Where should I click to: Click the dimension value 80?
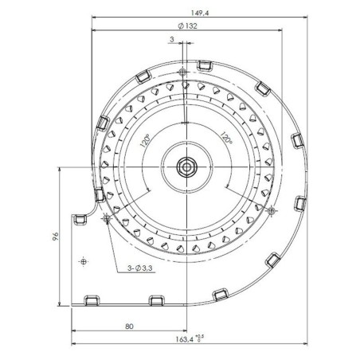click(128, 326)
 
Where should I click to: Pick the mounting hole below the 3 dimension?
click(184, 71)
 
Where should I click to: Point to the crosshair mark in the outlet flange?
click(82, 261)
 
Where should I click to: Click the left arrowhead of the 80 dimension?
click(74, 331)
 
